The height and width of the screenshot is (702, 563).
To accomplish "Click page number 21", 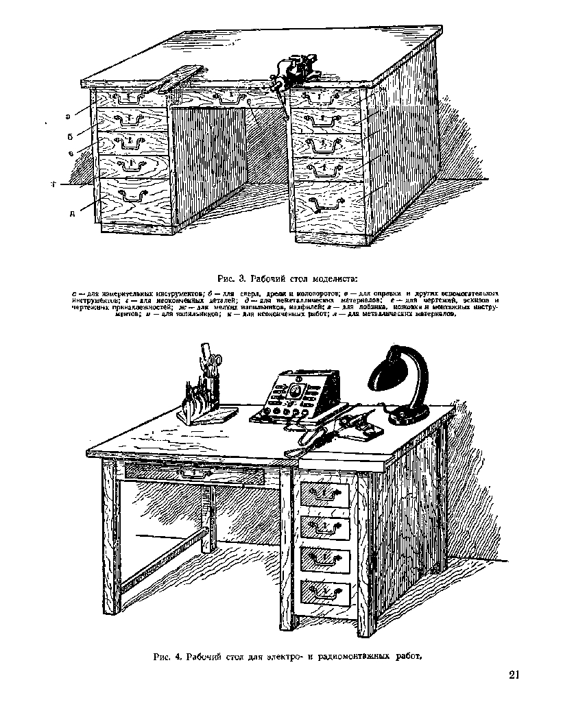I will pos(515,675).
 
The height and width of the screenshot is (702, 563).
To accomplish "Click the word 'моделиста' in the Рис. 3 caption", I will pos(334,278).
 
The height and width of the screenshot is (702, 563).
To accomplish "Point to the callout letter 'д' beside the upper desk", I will pos(71,213).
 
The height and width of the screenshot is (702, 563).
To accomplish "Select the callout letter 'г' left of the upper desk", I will pos(52,184).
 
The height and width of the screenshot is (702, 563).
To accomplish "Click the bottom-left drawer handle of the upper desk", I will pos(132,195).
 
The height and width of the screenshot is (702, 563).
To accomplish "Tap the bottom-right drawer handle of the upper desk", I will pos(325,204).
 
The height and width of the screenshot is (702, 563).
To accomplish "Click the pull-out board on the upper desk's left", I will pos(177,77).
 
